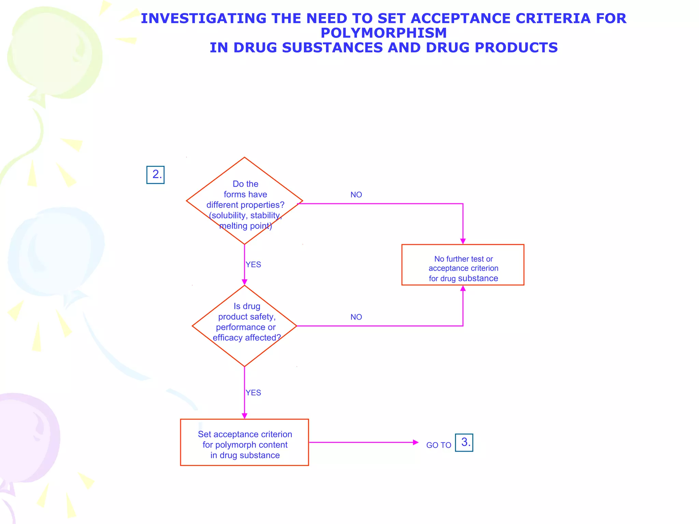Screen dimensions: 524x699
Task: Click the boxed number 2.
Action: click(155, 175)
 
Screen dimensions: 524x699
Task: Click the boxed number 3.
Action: click(464, 442)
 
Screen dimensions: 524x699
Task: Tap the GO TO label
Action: click(439, 445)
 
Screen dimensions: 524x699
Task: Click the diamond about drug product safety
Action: click(244, 326)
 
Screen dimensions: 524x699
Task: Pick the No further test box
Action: click(463, 265)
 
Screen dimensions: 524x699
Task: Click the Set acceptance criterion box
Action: click(244, 442)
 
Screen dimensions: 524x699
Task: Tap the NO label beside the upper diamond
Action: click(356, 195)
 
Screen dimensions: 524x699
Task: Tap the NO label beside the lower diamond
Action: click(356, 317)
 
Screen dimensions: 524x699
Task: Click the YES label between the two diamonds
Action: click(253, 265)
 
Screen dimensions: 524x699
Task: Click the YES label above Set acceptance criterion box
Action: click(253, 393)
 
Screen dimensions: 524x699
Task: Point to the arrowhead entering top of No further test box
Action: click(463, 242)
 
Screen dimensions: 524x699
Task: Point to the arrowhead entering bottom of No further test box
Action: click(463, 288)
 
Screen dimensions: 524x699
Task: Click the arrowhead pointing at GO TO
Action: click(415, 442)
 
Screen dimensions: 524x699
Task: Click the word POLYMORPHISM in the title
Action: click(384, 33)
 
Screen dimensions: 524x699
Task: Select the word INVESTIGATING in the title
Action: click(203, 18)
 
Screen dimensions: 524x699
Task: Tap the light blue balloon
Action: click(56, 252)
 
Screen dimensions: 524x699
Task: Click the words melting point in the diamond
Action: click(245, 226)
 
